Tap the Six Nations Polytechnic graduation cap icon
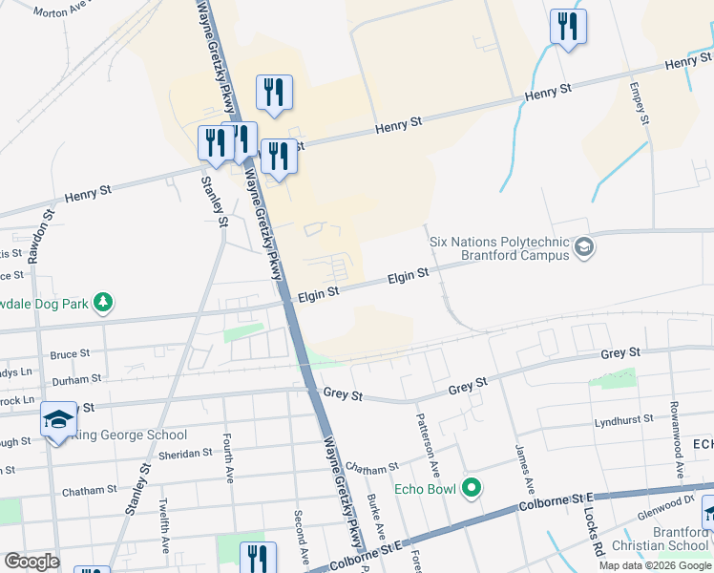click(x=584, y=249)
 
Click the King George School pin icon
click(x=57, y=419)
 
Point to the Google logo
click(x=31, y=562)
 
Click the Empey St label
click(x=640, y=101)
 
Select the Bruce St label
click(x=70, y=354)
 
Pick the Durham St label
click(x=70, y=379)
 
